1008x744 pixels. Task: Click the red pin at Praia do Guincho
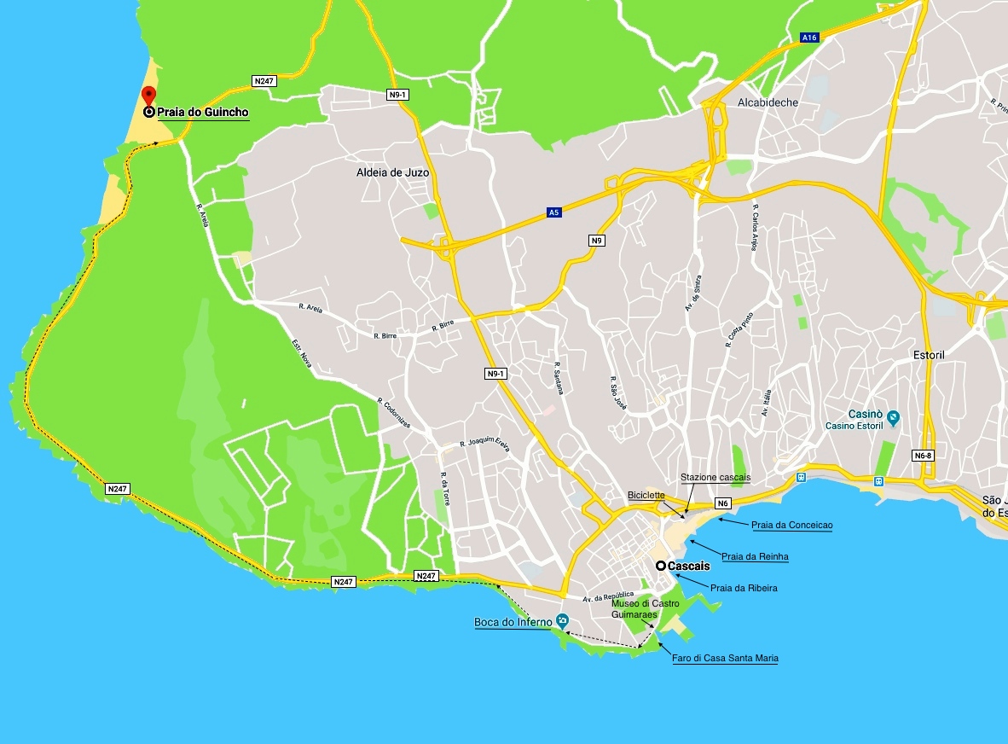[x=148, y=96]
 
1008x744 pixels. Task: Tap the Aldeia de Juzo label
[x=392, y=172]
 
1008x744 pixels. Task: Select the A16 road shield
[x=809, y=38]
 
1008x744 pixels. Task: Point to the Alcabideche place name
[x=768, y=102]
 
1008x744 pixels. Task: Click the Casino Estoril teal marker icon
[x=893, y=418]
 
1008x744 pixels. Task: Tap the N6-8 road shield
[x=923, y=456]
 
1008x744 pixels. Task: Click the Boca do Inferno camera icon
[x=561, y=621]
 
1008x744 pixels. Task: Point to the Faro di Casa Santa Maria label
[x=725, y=659]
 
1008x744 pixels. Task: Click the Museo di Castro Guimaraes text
[x=646, y=608]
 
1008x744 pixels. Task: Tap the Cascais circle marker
[x=661, y=566]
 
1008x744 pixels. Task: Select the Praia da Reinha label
[x=755, y=557]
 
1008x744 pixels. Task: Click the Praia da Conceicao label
[x=791, y=526]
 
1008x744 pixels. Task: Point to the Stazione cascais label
[x=715, y=477]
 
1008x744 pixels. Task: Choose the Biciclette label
[x=646, y=495]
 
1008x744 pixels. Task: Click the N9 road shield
[x=597, y=241]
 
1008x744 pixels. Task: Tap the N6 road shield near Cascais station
[x=723, y=503]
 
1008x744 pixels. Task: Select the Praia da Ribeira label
[x=744, y=588]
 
